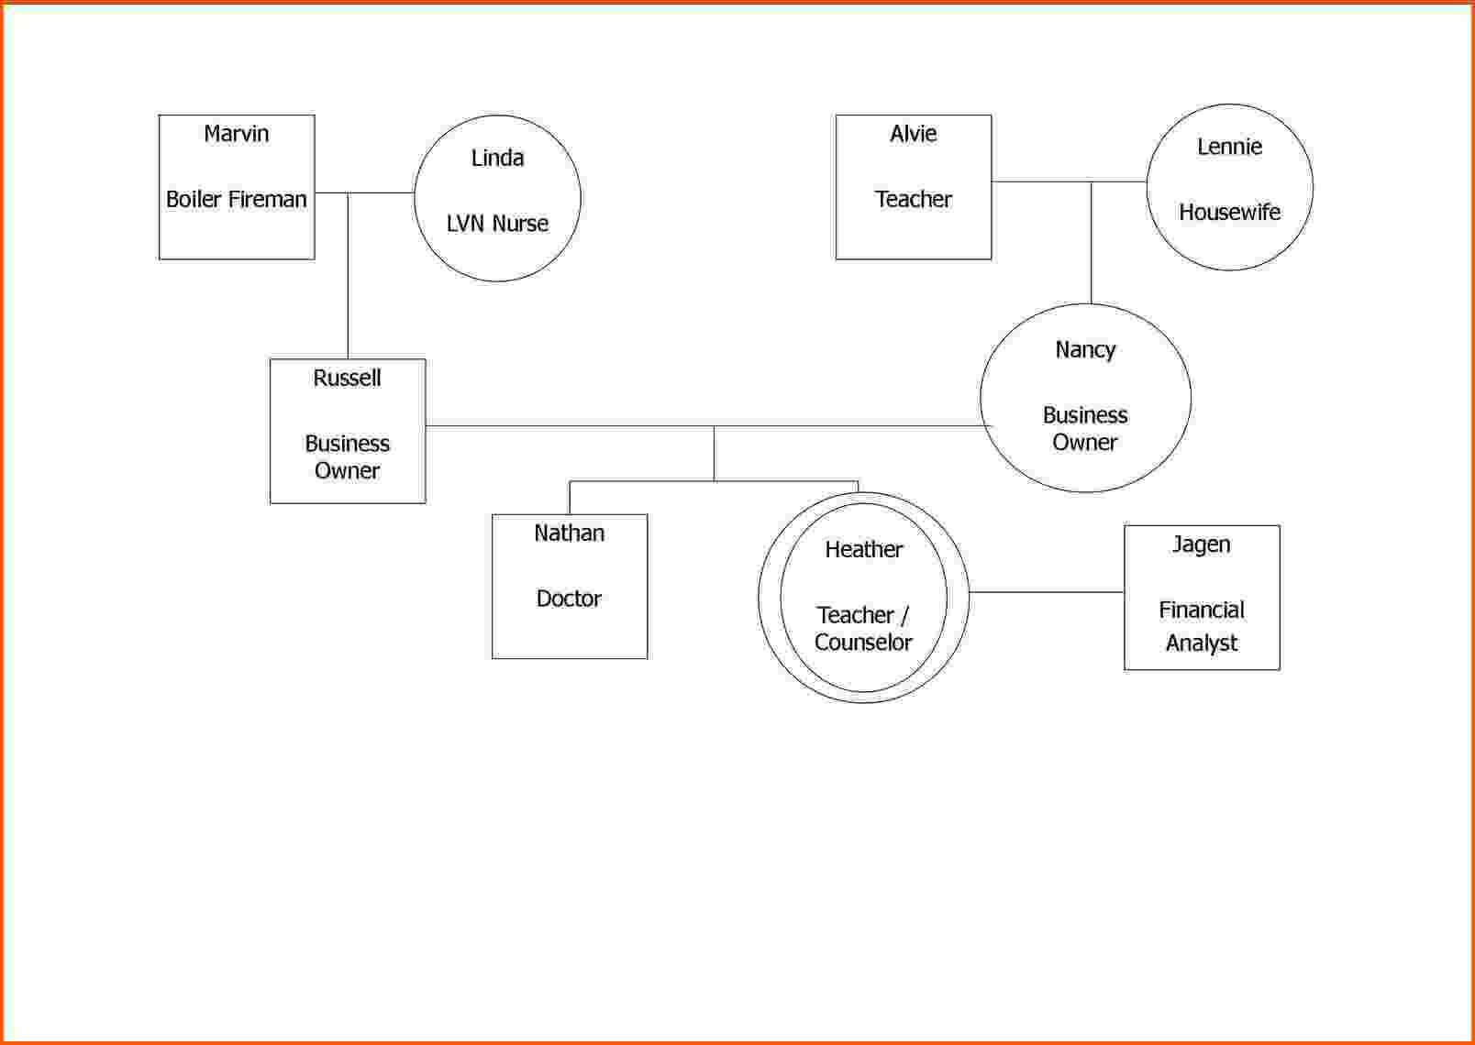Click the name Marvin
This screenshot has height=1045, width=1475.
[x=237, y=134]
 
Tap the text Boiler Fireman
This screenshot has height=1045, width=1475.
[x=237, y=199]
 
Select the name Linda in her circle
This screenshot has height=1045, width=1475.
[x=497, y=158]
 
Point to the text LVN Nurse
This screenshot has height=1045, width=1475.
[x=497, y=224]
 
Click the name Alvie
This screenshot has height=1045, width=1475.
[x=914, y=134]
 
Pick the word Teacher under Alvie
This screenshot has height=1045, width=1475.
[x=914, y=199]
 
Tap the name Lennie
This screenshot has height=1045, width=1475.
[x=1229, y=147]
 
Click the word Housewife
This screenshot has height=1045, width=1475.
[x=1229, y=212]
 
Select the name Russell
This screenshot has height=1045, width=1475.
[x=347, y=378]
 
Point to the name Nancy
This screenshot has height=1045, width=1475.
[x=1085, y=350]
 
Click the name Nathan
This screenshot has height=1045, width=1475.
[x=569, y=533]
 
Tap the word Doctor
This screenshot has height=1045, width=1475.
[x=569, y=599]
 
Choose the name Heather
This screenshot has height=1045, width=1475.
[x=863, y=549]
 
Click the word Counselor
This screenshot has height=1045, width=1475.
[x=863, y=643]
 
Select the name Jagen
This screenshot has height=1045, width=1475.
[x=1201, y=544]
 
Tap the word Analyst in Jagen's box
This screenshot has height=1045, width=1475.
[x=1201, y=643]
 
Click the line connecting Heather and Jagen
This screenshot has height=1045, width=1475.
[x=1046, y=592]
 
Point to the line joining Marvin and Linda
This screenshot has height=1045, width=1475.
[x=364, y=192]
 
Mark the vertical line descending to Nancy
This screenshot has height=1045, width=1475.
[x=1091, y=242]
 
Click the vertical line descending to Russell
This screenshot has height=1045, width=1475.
[x=348, y=276]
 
